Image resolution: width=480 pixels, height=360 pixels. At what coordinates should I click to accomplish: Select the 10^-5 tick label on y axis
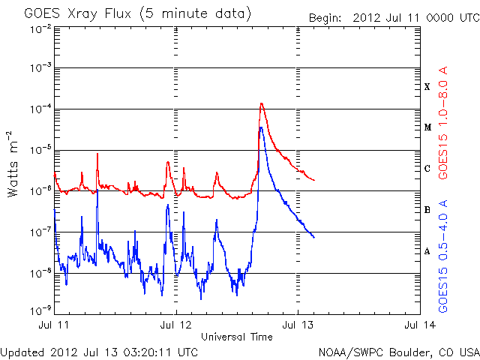pos(40,150)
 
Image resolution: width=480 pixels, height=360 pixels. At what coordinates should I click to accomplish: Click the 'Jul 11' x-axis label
pos(54,325)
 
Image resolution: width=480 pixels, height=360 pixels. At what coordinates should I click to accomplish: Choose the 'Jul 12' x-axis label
pos(176,325)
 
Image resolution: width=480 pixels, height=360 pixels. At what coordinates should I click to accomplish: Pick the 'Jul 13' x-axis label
pos(298,325)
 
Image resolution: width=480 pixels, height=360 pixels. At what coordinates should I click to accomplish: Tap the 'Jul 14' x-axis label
pos(418,325)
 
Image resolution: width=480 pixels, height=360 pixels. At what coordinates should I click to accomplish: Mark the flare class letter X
pos(427,87)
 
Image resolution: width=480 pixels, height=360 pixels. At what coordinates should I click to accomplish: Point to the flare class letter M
pos(427,127)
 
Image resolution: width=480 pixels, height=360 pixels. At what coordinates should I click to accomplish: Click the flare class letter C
pos(427,169)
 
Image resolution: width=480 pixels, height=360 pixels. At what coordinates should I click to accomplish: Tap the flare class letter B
pos(427,210)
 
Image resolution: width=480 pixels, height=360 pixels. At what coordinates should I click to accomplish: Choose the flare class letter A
pos(427,251)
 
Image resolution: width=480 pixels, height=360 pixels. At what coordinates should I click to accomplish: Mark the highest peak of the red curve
pos(261,103)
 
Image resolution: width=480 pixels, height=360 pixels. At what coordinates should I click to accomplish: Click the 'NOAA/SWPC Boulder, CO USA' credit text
pos(397,351)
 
